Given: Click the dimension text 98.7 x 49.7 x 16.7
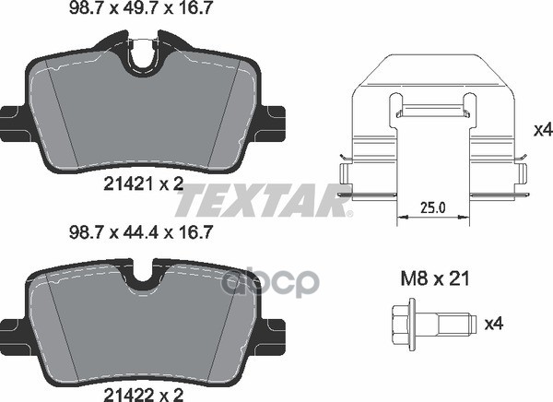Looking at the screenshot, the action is pos(141,7).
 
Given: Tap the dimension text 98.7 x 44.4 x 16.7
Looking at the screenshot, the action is pos(141,232).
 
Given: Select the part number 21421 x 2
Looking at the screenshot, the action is pos(144,183).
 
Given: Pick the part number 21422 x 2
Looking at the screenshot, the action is pos(144,395).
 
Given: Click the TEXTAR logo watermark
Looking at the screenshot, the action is pos(264,200).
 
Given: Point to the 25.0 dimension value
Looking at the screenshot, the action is pos(433,207).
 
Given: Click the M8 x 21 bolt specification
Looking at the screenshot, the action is pos(436,279).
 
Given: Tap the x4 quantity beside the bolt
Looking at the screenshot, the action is pos(494,324).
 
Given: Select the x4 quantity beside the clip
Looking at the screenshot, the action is pos(543,131).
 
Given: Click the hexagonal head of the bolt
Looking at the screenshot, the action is pos(400,325).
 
